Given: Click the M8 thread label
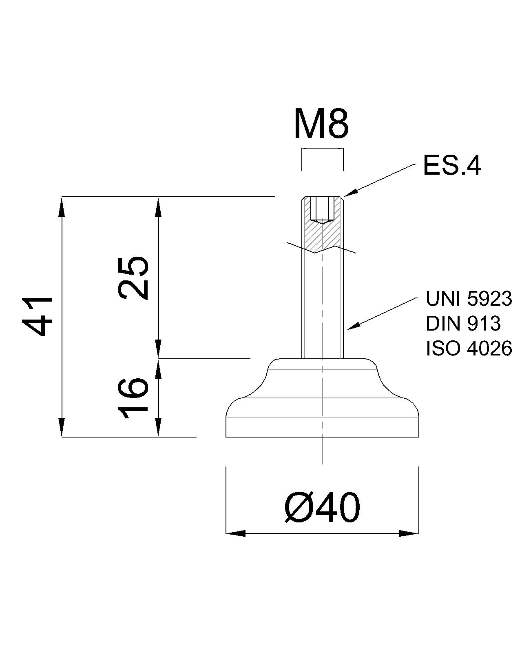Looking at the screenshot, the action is [321, 124].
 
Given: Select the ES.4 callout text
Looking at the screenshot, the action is [451, 166].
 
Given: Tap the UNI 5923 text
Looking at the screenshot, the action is [469, 299].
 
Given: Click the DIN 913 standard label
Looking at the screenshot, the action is [463, 324].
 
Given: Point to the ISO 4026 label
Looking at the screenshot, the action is [469, 348].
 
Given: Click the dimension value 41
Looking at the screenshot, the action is [38, 317].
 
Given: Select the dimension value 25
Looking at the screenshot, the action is [133, 278].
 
